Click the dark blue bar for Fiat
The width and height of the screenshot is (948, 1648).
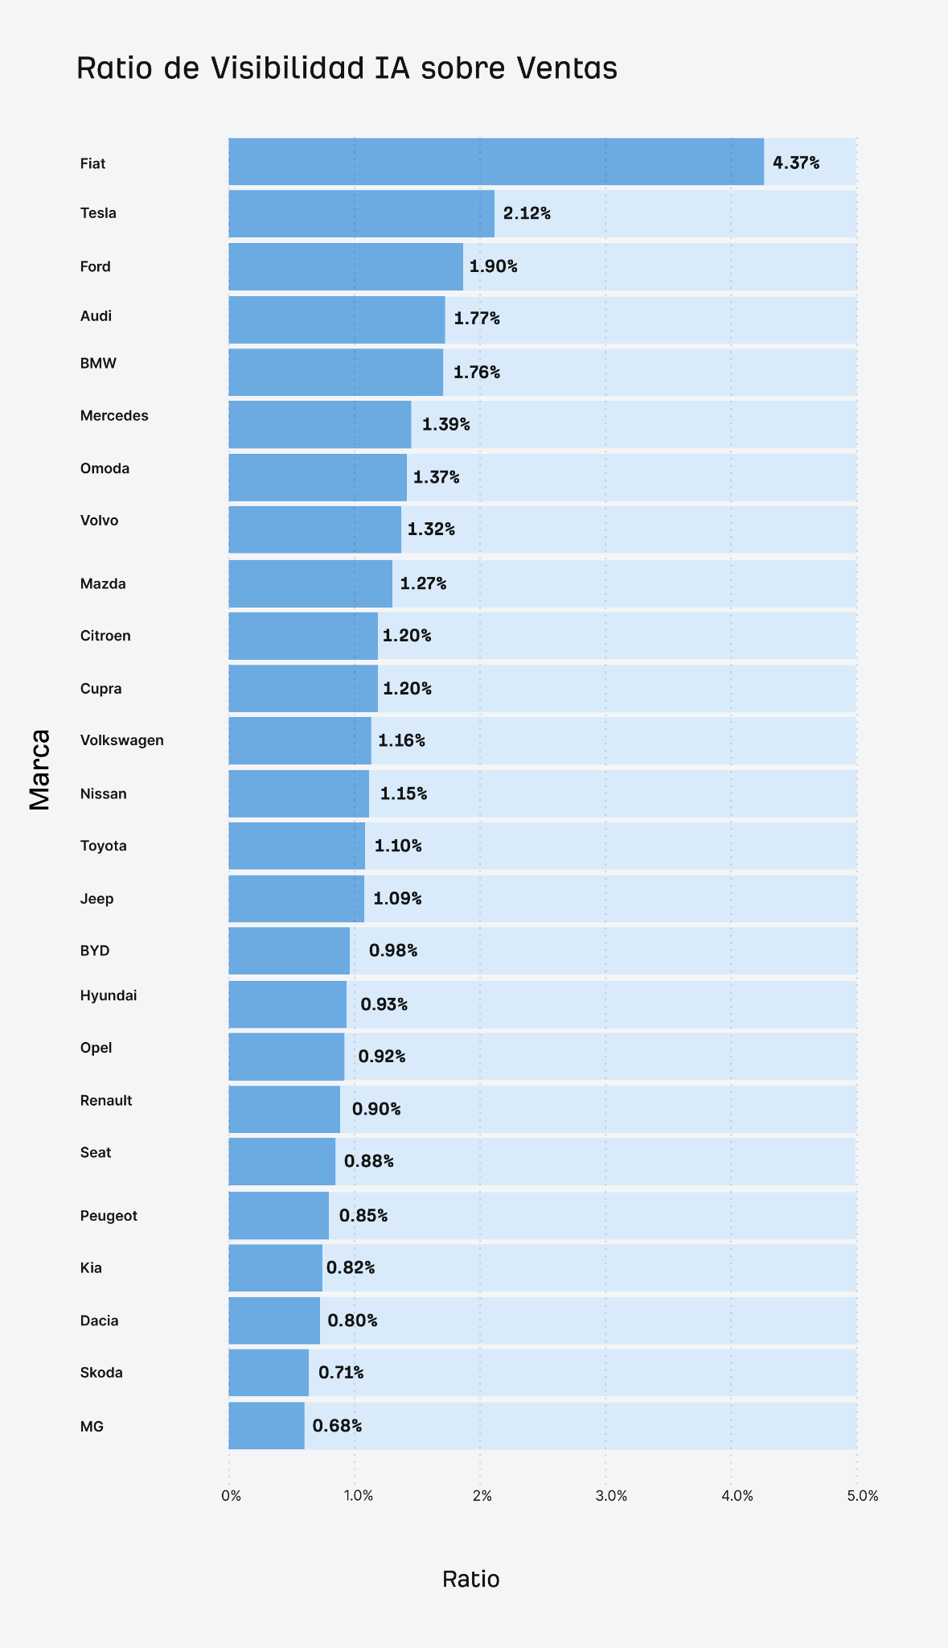(495, 162)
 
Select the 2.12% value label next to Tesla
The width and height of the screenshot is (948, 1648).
(527, 213)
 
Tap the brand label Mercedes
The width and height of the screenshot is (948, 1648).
(114, 416)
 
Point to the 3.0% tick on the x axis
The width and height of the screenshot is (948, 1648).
(611, 1496)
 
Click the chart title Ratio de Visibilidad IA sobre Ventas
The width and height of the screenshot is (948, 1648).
(347, 68)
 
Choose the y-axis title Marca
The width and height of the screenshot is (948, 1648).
(40, 769)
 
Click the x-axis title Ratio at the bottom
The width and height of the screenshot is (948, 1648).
(471, 1580)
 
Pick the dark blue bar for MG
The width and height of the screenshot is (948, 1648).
(266, 1425)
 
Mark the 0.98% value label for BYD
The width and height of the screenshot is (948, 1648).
(393, 950)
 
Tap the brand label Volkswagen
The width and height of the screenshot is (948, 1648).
(122, 740)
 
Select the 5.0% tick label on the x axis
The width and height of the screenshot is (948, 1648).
(863, 1496)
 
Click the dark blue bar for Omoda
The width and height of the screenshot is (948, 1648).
(317, 477)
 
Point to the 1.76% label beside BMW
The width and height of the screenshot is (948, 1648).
(477, 372)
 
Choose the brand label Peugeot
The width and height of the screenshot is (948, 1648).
(109, 1215)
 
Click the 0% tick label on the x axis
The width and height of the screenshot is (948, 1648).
(231, 1496)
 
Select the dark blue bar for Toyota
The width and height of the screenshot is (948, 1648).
(296, 846)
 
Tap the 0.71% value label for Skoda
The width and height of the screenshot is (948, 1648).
(341, 1373)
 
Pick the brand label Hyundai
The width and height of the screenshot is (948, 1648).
(109, 995)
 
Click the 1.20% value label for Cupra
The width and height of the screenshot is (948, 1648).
(407, 689)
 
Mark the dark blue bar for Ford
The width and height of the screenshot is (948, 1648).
(345, 266)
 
